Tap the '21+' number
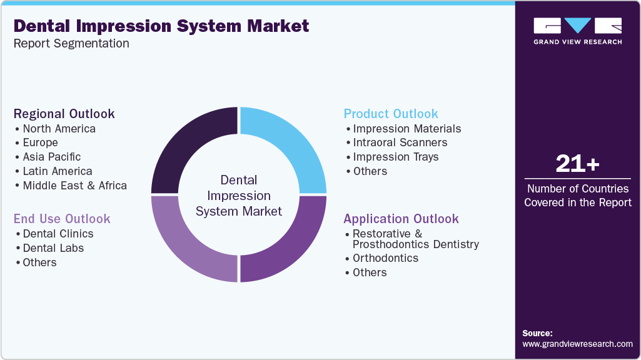(577, 164)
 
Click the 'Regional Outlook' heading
(64, 114)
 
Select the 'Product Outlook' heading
(391, 114)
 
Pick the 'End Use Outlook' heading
(62, 219)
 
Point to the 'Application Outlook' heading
(401, 219)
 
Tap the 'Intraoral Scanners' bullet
(400, 142)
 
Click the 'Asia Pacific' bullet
(52, 157)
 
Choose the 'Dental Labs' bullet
(53, 248)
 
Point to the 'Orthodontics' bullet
(385, 258)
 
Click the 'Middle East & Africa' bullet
(74, 186)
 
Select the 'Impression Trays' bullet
(396, 157)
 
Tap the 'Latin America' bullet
(58, 171)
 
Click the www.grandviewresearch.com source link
(577, 344)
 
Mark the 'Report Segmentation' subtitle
(71, 44)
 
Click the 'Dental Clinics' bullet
(58, 234)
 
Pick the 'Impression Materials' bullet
(407, 129)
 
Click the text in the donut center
(239, 196)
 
